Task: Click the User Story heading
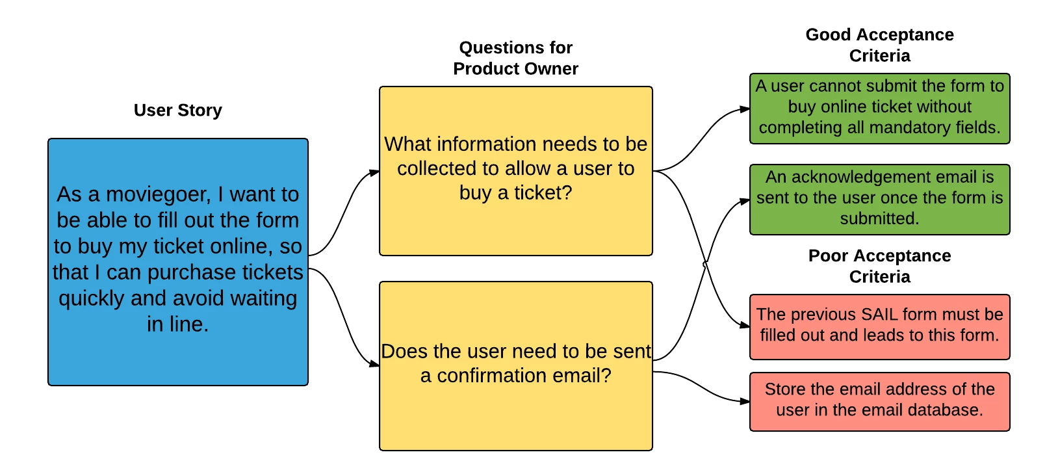(x=177, y=111)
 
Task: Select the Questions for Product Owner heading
(x=516, y=58)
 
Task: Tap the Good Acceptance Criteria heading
(x=879, y=45)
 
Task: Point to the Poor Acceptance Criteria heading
(x=879, y=266)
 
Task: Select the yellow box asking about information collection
(x=516, y=171)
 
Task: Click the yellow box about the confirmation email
(x=516, y=366)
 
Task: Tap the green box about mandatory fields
(x=879, y=109)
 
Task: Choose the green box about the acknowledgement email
(x=879, y=200)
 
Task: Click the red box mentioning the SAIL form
(x=879, y=327)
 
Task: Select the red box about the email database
(x=879, y=402)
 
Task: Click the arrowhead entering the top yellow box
(x=374, y=172)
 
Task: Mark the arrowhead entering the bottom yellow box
(x=374, y=364)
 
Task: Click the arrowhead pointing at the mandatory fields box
(x=745, y=109)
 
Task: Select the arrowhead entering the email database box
(x=745, y=402)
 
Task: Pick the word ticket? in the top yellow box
(x=543, y=193)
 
